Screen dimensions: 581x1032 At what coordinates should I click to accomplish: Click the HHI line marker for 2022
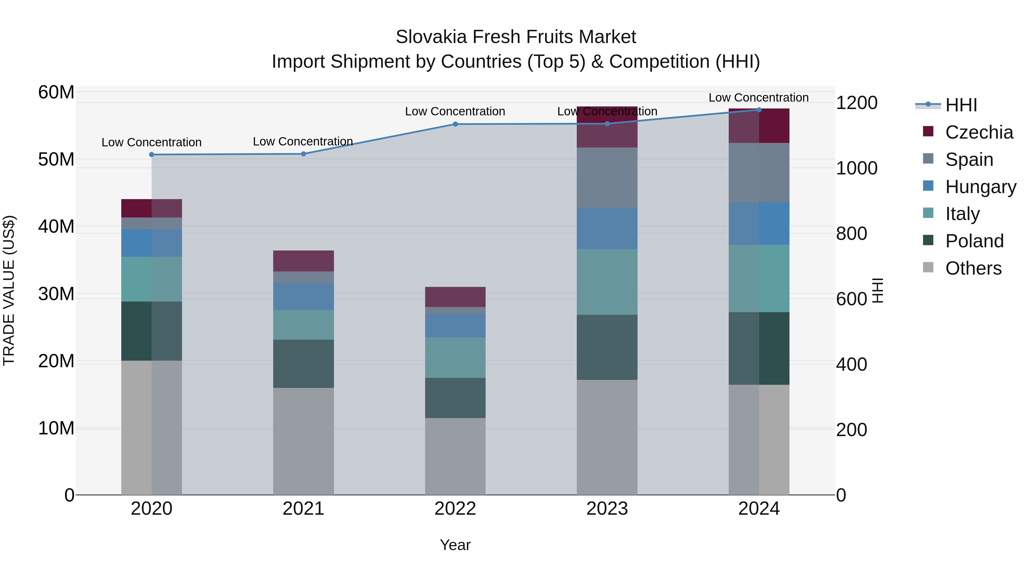455,124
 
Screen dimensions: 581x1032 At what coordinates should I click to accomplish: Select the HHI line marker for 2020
151,155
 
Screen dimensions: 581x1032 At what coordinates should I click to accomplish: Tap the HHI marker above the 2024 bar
759,110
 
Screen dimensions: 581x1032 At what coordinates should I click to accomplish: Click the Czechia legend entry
979,132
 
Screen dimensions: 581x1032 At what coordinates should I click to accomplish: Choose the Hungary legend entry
980,187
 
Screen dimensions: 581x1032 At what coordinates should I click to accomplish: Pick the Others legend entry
973,268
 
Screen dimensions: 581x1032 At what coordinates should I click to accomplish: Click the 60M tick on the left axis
56,92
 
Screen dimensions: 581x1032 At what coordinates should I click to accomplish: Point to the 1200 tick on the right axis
857,103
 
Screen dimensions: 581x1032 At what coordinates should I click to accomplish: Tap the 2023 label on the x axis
607,509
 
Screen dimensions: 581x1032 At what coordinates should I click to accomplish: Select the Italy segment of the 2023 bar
607,282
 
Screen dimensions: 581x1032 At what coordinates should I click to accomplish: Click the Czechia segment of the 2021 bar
303,261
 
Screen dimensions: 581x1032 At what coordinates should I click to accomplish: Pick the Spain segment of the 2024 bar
759,172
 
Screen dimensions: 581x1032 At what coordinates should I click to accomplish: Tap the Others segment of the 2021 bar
303,441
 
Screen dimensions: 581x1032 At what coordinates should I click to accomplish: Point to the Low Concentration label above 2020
151,142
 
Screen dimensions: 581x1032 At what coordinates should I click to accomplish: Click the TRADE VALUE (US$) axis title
9,290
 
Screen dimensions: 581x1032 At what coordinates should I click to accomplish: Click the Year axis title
455,545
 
